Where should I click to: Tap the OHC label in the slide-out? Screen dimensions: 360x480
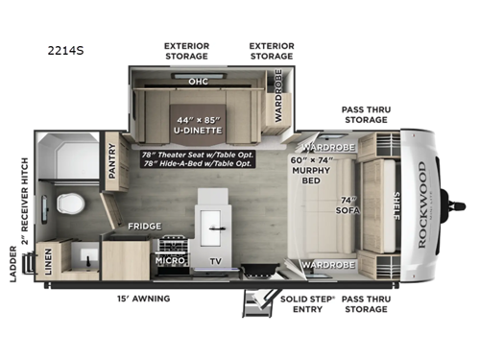[198, 82]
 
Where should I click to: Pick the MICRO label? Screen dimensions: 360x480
[170, 260]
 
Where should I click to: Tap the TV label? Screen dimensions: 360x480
[214, 260]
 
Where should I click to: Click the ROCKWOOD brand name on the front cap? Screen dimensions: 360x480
[423, 204]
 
